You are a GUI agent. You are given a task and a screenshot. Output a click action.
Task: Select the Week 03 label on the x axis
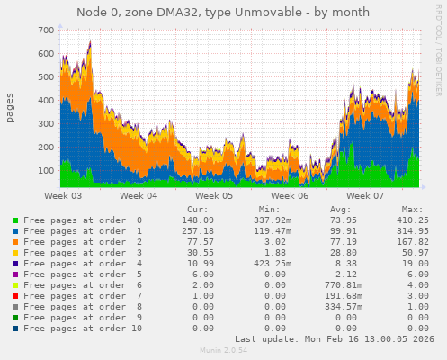tap(63, 195)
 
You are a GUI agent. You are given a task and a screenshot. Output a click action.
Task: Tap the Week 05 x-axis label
tap(214, 195)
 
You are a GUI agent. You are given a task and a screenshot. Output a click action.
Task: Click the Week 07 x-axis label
tap(365, 195)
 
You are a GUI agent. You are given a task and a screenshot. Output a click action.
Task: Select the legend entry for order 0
tap(82, 220)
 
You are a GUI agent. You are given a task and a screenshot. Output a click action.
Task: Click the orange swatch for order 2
tap(15, 243)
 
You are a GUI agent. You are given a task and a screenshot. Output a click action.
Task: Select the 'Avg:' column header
tap(337, 208)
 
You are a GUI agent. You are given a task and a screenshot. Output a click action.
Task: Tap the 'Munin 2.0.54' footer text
tap(223, 352)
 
